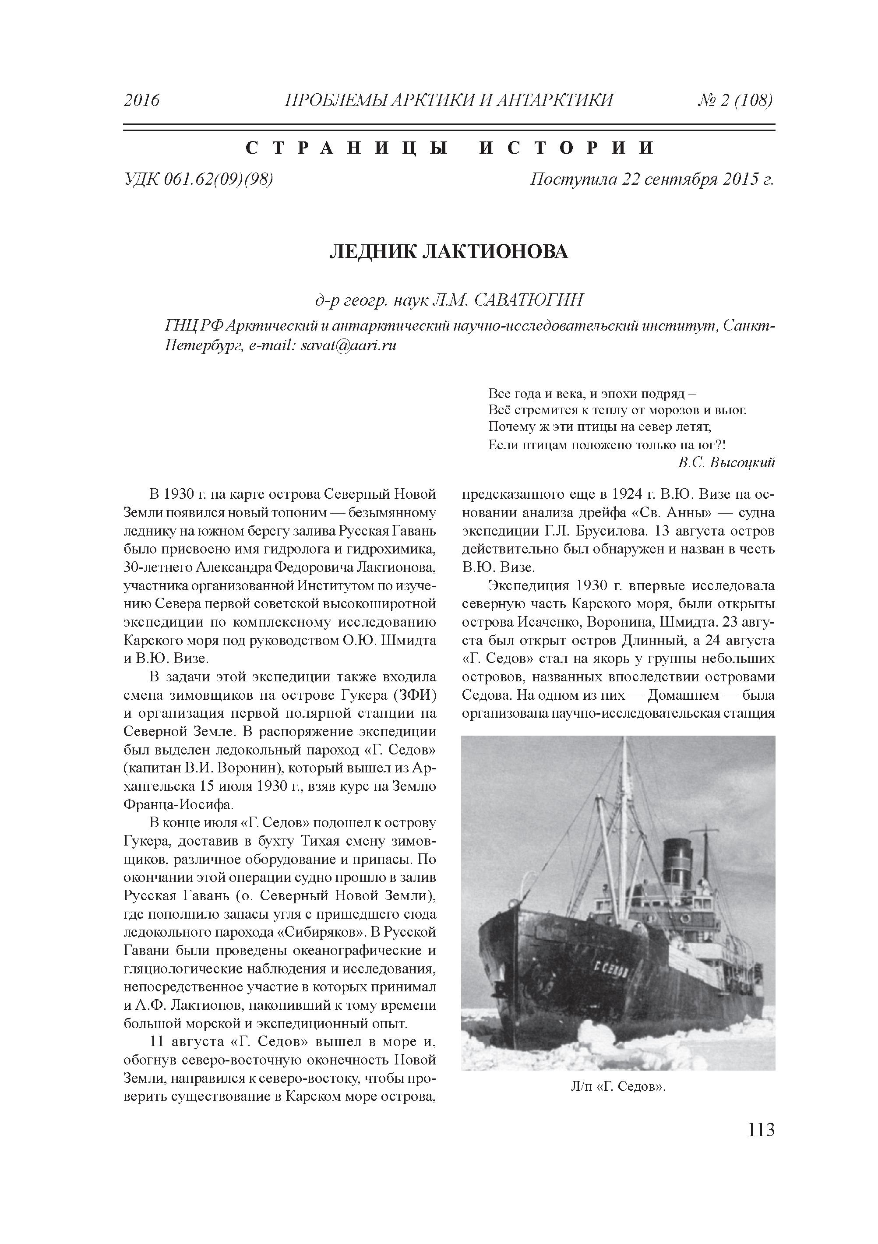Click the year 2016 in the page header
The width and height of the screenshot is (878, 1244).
click(142, 101)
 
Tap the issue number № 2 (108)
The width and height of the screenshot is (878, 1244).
click(734, 101)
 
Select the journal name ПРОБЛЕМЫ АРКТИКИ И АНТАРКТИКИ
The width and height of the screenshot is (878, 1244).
click(449, 101)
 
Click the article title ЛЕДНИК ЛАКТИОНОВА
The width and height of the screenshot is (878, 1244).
click(449, 251)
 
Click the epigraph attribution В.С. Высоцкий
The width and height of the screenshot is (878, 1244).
click(726, 462)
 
